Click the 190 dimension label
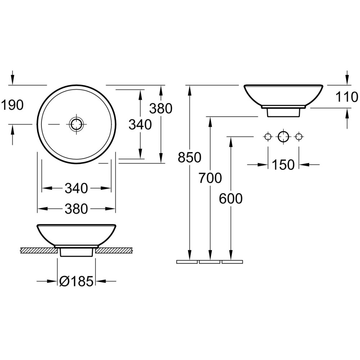[12, 105]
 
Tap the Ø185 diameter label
[76, 281]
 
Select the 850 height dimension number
[190, 158]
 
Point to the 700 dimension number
[210, 178]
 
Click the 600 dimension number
[231, 199]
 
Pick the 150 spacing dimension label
[283, 165]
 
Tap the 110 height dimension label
[347, 97]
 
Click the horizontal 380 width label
[76, 209]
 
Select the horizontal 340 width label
[76, 188]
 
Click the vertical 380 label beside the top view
[161, 109]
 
